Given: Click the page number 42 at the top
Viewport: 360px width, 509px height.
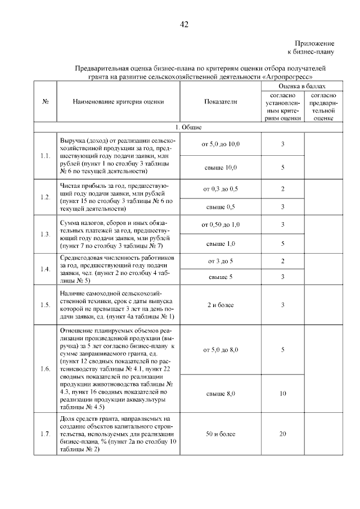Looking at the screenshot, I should coord(183,24).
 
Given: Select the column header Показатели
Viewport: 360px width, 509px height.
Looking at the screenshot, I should coord(220,102).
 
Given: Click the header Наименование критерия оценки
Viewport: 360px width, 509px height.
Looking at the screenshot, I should coord(118,102).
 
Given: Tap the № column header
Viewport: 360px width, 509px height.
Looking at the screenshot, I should coord(46,102).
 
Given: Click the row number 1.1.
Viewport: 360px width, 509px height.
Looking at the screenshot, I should coord(46,155).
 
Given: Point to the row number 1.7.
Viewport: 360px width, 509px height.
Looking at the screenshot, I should coord(46,435).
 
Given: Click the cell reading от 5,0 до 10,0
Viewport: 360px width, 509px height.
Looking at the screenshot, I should coord(220,144).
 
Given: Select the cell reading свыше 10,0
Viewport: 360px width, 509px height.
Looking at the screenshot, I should coord(220,167).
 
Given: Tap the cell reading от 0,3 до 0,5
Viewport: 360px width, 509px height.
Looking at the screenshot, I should coord(220,188).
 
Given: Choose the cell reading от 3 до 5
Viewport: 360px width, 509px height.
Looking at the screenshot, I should coord(220,262).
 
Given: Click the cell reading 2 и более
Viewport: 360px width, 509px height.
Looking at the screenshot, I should coord(220,305).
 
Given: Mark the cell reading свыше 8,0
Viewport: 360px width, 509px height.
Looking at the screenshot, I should coord(220,394).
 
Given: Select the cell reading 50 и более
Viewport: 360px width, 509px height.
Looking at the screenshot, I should coord(220,435).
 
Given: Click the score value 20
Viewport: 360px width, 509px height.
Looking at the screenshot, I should coord(282,435).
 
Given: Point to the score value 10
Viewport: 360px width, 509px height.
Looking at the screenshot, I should coord(282,394).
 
